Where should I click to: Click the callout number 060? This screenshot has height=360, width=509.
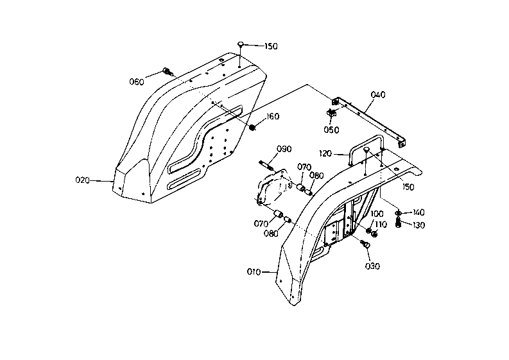click(137, 81)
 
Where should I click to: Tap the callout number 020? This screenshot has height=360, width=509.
click(82, 180)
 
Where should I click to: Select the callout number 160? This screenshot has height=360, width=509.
click(273, 117)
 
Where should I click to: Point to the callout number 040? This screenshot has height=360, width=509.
click(378, 95)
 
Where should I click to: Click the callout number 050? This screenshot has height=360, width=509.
click(331, 130)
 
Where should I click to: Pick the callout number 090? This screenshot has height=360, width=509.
click(284, 149)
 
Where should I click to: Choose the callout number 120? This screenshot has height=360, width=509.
click(325, 153)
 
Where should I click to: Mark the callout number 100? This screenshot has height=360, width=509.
click(377, 214)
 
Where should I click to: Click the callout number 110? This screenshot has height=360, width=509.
click(381, 225)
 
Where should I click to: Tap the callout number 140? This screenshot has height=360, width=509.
click(418, 212)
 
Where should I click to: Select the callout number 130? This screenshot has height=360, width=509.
click(418, 225)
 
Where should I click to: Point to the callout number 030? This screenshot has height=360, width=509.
click(372, 266)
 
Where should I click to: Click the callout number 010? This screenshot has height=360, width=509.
click(254, 272)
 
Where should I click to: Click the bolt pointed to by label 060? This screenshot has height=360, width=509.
click(168, 71)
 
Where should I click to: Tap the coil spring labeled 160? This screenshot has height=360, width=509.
click(252, 127)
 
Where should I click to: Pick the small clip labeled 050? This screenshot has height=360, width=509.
click(331, 114)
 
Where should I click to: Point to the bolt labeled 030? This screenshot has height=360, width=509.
click(365, 244)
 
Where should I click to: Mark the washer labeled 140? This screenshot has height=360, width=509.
click(398, 213)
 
